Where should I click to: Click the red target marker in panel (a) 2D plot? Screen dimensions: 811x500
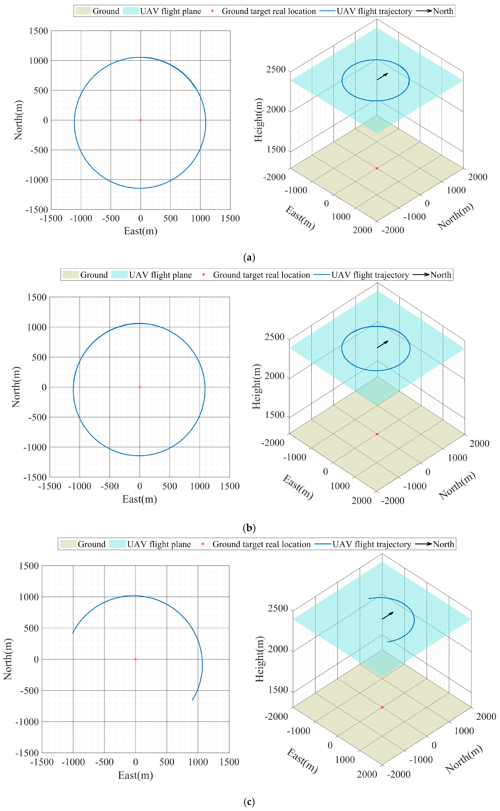[x=141, y=120]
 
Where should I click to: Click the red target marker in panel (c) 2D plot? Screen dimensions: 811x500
[x=135, y=659]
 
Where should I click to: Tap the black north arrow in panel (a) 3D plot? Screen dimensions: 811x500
[x=382, y=76]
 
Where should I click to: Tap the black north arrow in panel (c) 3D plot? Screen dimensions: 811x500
[x=388, y=615]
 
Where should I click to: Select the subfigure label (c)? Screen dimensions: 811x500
[x=249, y=802]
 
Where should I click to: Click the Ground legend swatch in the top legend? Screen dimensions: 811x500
[x=83, y=11]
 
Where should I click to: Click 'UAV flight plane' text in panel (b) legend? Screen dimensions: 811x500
[x=160, y=275]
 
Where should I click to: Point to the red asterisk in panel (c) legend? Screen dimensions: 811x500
[x=203, y=544]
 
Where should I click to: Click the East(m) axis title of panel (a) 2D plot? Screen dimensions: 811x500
[x=141, y=231]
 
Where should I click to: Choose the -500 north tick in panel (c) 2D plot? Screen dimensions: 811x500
[x=29, y=691]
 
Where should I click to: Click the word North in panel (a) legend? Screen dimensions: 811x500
[x=443, y=11]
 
